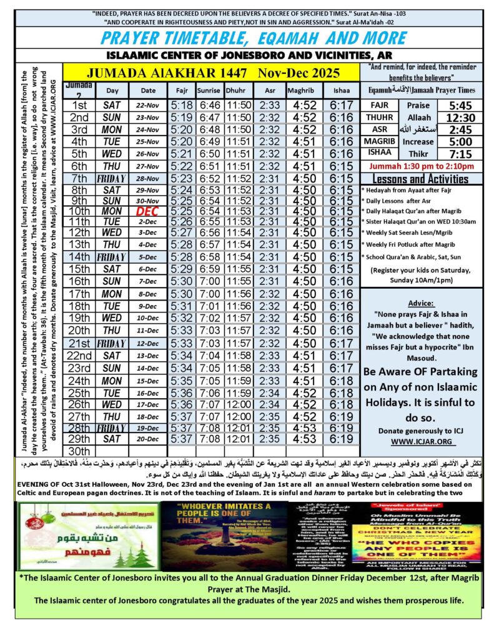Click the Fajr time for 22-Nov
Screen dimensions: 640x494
[182, 106]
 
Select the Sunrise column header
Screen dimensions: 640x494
[209, 91]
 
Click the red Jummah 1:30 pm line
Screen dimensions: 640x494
[422, 167]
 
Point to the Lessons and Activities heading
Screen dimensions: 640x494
[422, 179]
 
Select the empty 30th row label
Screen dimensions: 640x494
[79, 451]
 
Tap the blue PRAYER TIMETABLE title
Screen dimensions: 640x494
[247, 36]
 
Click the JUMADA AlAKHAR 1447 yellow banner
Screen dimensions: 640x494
[211, 72]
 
